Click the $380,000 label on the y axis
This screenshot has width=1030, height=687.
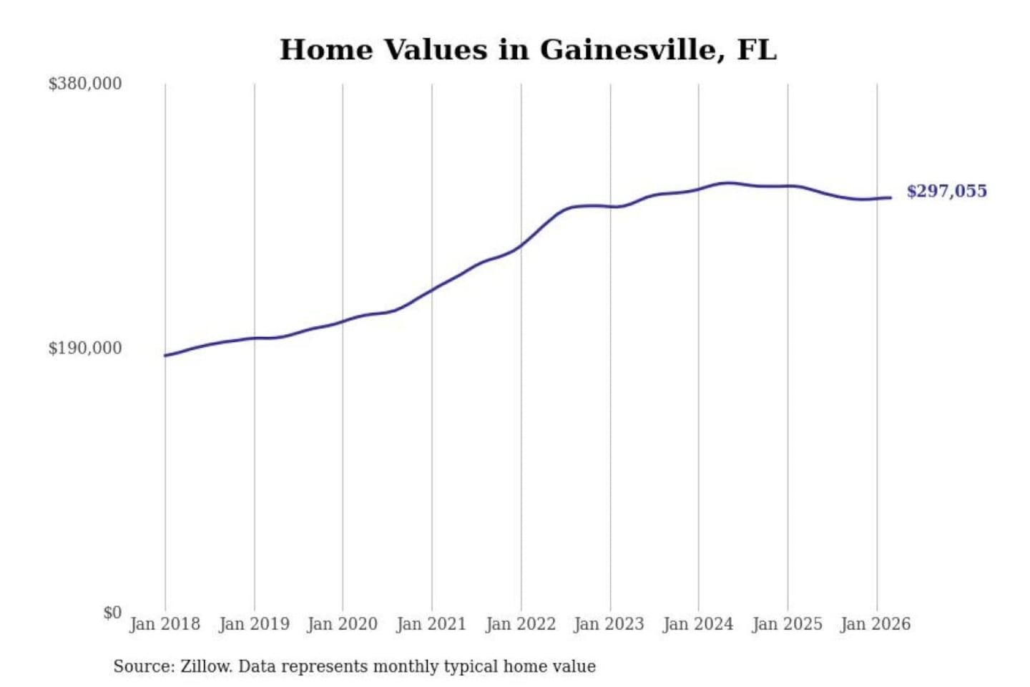(x=85, y=84)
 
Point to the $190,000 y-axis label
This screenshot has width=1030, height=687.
(x=85, y=349)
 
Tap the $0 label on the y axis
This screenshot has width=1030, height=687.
(x=112, y=613)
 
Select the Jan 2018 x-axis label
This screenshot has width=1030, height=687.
(x=165, y=624)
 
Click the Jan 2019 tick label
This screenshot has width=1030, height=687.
(x=254, y=624)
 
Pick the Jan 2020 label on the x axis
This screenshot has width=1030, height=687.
(x=343, y=624)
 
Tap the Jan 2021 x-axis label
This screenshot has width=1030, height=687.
(x=431, y=624)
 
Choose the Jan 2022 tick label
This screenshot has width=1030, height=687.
(x=521, y=624)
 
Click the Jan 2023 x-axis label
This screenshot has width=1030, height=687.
(x=609, y=624)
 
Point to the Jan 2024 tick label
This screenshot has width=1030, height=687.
(x=698, y=624)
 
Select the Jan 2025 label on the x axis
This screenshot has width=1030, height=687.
(x=788, y=624)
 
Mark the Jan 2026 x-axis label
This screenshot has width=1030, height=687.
(x=876, y=624)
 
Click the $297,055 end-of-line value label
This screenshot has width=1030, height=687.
(x=946, y=191)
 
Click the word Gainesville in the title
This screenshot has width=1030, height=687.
(x=627, y=50)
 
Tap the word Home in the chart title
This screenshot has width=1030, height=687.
(x=326, y=50)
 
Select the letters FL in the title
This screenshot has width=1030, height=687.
(x=756, y=50)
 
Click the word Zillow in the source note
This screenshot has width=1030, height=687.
(x=206, y=666)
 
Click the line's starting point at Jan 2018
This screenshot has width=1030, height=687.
(x=165, y=355)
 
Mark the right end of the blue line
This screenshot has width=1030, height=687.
(x=891, y=198)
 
